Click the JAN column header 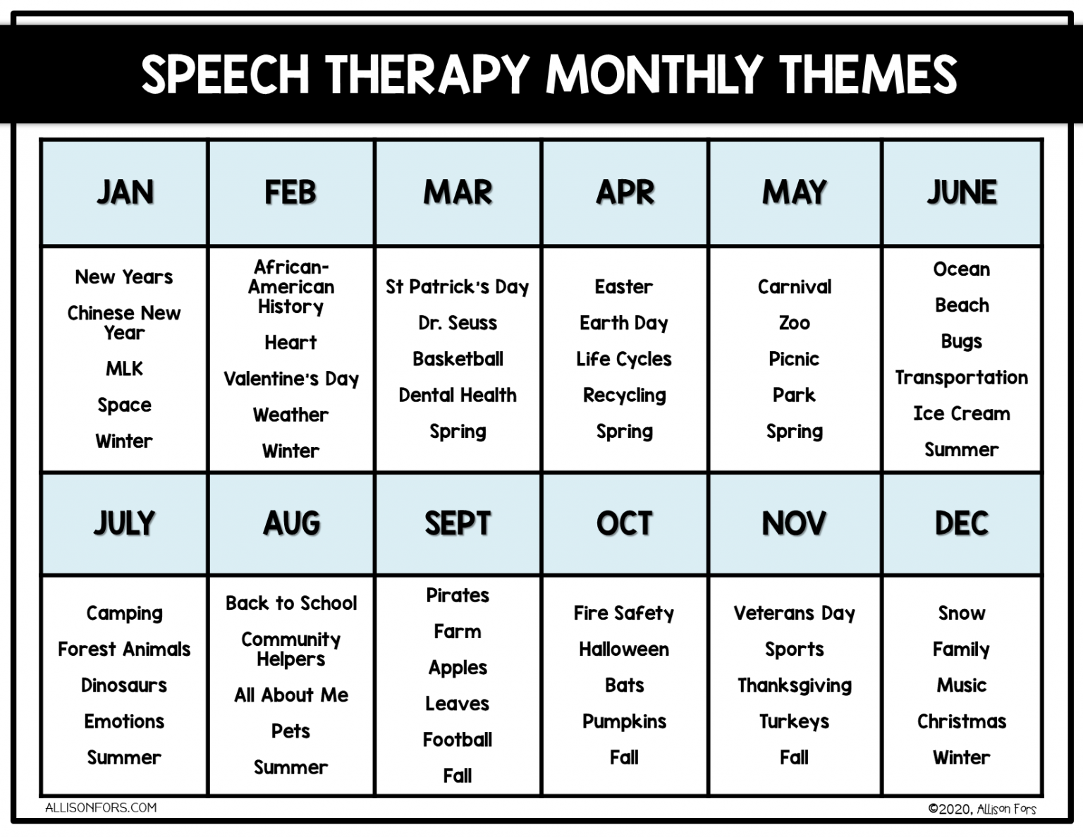click(x=125, y=192)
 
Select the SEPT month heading click(x=458, y=523)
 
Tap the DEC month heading click(x=962, y=523)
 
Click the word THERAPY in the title click(x=427, y=74)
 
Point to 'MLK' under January click(x=124, y=369)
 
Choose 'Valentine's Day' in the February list click(x=291, y=379)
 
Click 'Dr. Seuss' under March click(x=458, y=323)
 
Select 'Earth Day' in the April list click(x=624, y=323)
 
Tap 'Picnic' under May click(x=794, y=359)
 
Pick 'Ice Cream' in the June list click(x=961, y=413)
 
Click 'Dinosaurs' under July click(x=124, y=685)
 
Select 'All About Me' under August click(x=291, y=695)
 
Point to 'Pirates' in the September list click(x=458, y=595)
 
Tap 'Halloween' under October click(x=624, y=649)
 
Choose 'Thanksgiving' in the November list click(x=795, y=685)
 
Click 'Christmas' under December click(x=962, y=721)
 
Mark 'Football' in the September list click(x=458, y=740)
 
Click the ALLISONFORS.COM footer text click(x=101, y=808)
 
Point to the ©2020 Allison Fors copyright click(x=982, y=809)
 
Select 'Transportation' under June click(x=961, y=377)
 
